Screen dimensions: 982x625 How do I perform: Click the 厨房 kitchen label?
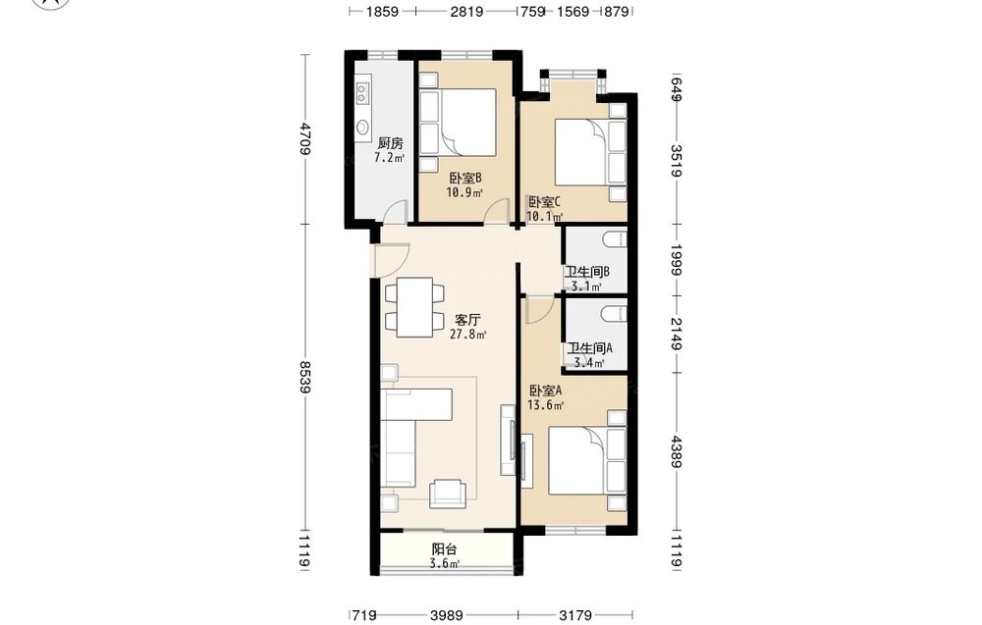coord(390,143)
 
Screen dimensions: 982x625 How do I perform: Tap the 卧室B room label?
coord(465,179)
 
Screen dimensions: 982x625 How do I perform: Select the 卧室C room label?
coord(544,202)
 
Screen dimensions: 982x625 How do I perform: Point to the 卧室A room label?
coord(545,391)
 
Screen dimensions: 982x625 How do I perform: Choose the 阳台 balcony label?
coord(445,549)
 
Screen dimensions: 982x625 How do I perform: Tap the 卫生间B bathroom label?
coord(587,272)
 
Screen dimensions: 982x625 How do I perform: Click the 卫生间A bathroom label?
coord(589,348)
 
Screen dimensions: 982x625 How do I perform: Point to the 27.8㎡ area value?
coord(467,335)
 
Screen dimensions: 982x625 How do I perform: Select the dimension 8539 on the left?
coord(305,377)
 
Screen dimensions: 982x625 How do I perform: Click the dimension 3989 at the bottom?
coord(447,615)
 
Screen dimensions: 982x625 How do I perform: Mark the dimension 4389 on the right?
coord(676,451)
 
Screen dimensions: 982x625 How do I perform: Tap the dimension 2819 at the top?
coord(466,11)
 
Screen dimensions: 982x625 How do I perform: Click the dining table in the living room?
coord(414,307)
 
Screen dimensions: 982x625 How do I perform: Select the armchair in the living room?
coord(447,494)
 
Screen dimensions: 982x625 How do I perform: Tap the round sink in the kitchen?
coord(362,127)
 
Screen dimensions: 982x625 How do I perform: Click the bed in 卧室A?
coord(587,461)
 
